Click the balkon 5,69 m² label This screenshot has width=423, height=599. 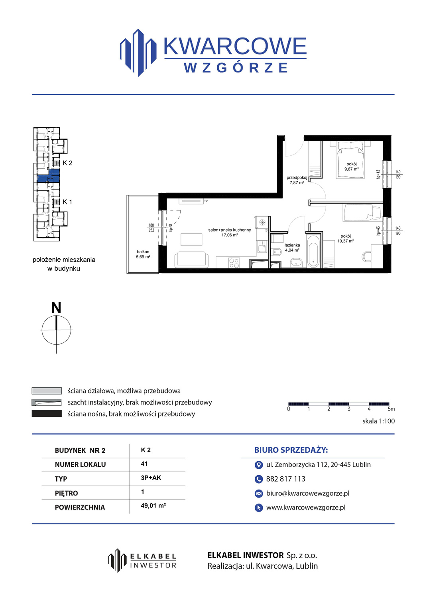coord(143,254)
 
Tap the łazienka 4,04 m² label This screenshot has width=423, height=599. coord(292,247)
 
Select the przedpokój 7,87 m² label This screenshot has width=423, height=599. coord(297,180)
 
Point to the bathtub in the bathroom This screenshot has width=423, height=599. coord(313,251)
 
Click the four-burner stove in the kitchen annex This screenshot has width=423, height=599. coord(234,263)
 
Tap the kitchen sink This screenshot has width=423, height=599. coord(262,247)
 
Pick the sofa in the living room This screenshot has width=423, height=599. coord(191,260)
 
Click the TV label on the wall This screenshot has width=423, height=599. coord(206,201)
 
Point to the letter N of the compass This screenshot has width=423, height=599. coord(56,307)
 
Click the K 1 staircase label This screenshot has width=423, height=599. coord(67,202)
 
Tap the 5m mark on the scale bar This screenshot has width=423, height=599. coord(391,409)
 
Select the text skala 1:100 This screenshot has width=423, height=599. coord(378,421)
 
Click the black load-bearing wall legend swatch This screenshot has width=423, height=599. coord(47,414)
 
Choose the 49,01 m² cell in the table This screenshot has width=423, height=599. coord(153,506)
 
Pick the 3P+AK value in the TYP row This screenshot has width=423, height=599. coord(151,478)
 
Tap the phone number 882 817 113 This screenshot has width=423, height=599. coord(286,479)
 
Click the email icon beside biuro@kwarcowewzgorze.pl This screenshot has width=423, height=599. coord(258,493)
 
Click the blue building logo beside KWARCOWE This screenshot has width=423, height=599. coord(138,53)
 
